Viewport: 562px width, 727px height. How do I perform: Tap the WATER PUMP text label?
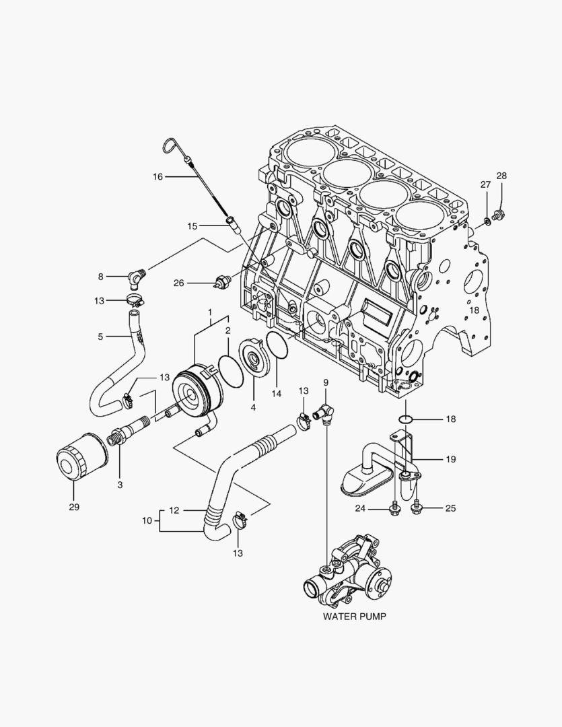point(355,615)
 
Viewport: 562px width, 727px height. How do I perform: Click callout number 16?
point(157,176)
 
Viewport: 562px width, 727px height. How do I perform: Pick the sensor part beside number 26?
point(223,282)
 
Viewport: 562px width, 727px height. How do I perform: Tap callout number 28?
point(501,176)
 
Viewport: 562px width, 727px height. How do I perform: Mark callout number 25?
point(450,508)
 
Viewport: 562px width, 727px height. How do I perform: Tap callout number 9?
point(325,383)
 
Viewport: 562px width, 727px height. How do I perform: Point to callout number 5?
point(100,337)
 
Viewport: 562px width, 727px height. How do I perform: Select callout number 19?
point(450,459)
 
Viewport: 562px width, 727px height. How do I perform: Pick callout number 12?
point(174,510)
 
